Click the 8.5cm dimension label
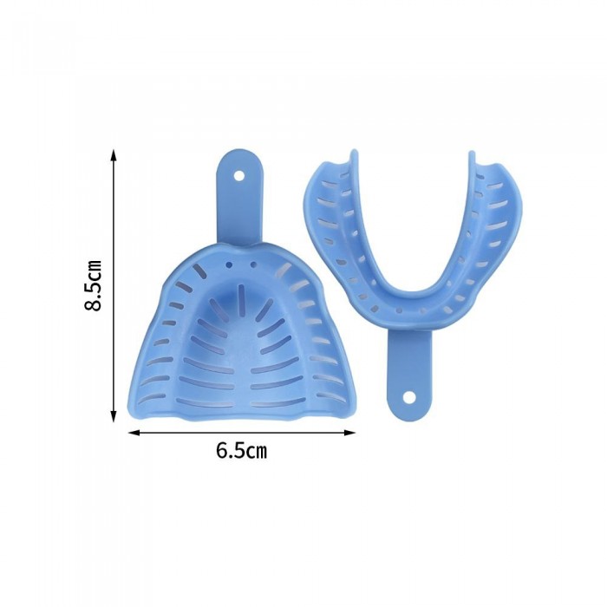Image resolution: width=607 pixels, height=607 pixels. pos(94,285)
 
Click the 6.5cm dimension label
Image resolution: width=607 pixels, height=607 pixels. pos(242,451)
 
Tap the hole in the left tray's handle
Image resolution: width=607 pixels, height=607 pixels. pos(238,176)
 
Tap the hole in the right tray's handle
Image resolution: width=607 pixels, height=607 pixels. pos(408,397)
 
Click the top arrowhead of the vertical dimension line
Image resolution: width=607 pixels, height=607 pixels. pos(113,155)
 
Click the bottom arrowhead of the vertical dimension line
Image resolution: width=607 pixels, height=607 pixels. pos(113,416)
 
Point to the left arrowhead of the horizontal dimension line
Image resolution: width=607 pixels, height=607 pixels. pos(134,433)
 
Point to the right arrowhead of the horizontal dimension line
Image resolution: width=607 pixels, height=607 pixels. pos(349,433)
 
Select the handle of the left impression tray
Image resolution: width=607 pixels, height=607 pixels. pos(238,198)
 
